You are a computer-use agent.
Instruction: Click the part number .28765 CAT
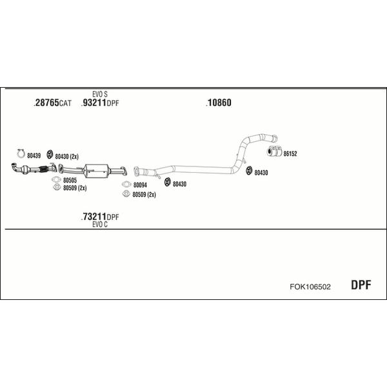click(52, 103)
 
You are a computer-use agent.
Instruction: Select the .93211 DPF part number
click(100, 103)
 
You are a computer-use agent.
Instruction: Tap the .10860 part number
click(219, 103)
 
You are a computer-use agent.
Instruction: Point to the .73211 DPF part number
click(100, 217)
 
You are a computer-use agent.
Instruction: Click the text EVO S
click(100, 94)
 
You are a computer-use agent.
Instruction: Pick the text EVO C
click(100, 224)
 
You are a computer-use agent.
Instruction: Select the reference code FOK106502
click(310, 286)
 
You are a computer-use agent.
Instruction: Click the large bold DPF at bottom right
click(361, 285)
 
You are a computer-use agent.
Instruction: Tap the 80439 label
click(34, 155)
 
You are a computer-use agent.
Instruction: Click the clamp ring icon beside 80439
click(21, 154)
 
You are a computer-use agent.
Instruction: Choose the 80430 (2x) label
click(66, 157)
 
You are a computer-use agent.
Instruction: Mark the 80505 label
click(70, 180)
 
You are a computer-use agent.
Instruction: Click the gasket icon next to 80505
click(56, 180)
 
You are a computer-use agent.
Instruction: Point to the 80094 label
click(140, 185)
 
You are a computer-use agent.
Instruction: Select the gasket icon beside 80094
click(126, 184)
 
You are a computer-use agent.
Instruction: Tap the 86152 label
click(290, 154)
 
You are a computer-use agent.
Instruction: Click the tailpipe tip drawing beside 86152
click(275, 151)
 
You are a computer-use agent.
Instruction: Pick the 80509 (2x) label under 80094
click(144, 195)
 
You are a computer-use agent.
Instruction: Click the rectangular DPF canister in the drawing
click(97, 171)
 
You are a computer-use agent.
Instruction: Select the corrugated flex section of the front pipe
click(43, 169)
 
